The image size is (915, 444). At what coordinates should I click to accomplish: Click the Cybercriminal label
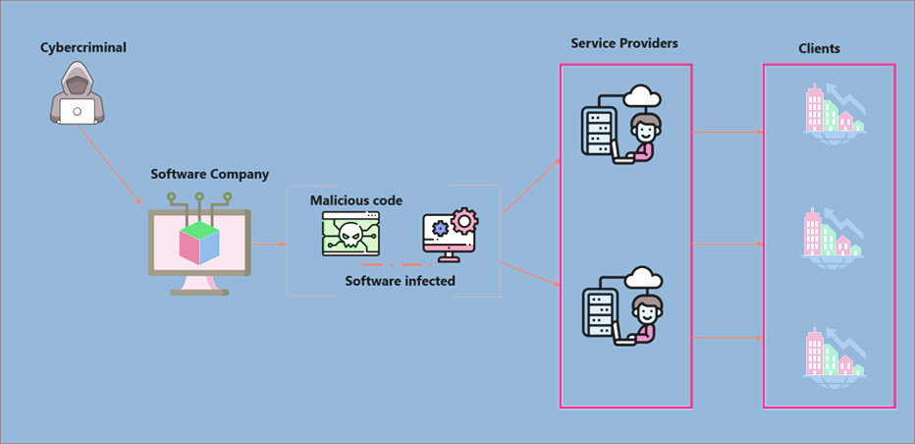point(83,47)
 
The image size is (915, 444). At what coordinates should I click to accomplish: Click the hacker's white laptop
point(78,111)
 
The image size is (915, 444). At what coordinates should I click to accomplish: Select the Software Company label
point(209,174)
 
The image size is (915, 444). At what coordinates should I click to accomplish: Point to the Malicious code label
point(356,200)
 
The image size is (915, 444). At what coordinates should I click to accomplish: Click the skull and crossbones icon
point(350,235)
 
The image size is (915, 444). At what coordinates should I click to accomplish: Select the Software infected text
point(400,280)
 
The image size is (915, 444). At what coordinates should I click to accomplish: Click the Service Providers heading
point(624,43)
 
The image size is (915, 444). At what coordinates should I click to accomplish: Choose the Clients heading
point(820,48)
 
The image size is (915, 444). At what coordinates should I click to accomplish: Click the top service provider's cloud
point(641,97)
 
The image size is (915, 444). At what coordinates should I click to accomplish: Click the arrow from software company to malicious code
point(267,242)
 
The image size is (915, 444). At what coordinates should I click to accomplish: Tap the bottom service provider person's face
point(644,313)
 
